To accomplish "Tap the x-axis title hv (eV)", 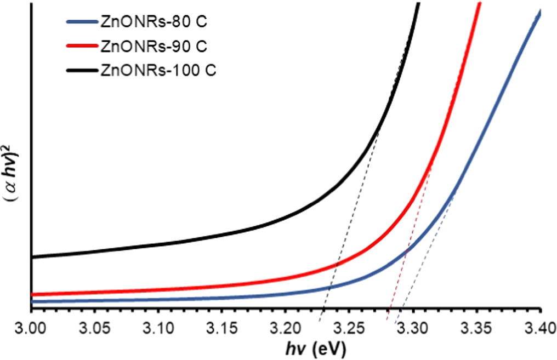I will (315, 348).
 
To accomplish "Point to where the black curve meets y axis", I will (32, 257).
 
